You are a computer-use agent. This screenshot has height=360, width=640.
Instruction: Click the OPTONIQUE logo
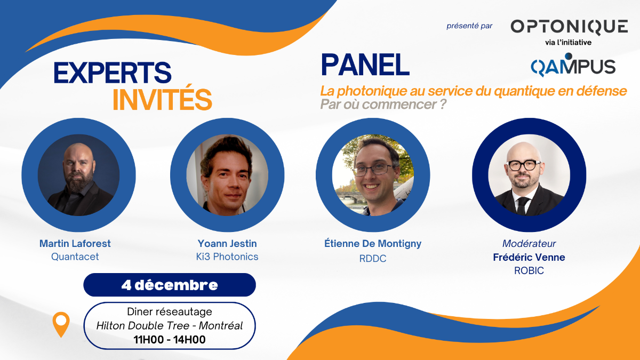click(x=569, y=27)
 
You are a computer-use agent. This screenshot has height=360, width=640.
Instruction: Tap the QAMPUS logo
click(x=573, y=65)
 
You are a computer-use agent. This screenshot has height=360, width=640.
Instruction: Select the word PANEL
click(x=365, y=65)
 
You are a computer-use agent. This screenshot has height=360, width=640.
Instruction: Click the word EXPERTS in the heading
click(x=113, y=73)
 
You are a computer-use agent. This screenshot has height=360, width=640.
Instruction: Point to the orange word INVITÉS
click(x=162, y=99)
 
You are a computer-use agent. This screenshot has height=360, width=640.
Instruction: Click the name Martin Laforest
click(x=75, y=243)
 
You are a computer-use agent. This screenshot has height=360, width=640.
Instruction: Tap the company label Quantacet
click(x=75, y=257)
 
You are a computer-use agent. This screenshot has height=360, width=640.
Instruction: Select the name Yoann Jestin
click(x=227, y=243)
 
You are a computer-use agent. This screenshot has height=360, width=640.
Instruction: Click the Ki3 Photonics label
click(x=227, y=257)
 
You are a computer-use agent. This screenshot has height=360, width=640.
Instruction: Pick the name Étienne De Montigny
click(x=373, y=244)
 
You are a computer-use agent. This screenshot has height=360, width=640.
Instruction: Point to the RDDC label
click(x=373, y=258)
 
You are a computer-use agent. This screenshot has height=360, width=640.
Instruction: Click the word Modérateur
click(x=529, y=243)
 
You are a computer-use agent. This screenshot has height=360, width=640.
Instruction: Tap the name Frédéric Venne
click(x=529, y=257)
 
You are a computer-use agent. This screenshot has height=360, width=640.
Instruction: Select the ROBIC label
click(x=529, y=270)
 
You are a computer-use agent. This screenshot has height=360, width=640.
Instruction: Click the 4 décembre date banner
click(x=170, y=285)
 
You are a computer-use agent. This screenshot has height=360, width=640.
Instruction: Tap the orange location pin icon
click(x=61, y=324)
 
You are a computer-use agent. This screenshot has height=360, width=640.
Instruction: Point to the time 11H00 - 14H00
click(x=170, y=339)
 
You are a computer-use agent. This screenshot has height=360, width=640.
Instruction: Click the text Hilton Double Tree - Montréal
click(x=170, y=325)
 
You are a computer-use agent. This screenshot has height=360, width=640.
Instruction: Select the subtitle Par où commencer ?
click(x=383, y=105)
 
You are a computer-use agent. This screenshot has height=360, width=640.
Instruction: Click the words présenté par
click(x=469, y=26)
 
